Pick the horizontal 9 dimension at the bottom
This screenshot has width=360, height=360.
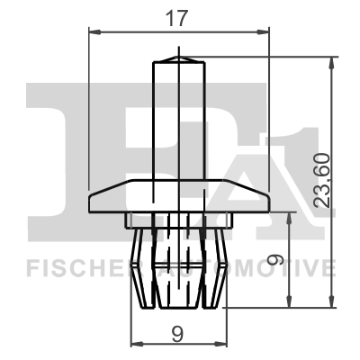coord(177,332)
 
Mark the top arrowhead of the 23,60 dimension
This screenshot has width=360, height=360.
coord(335,60)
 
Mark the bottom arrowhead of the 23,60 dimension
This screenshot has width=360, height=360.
coord(335,303)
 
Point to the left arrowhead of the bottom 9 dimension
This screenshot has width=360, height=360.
coord(137,345)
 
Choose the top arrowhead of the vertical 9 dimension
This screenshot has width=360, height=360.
coord(289,216)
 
